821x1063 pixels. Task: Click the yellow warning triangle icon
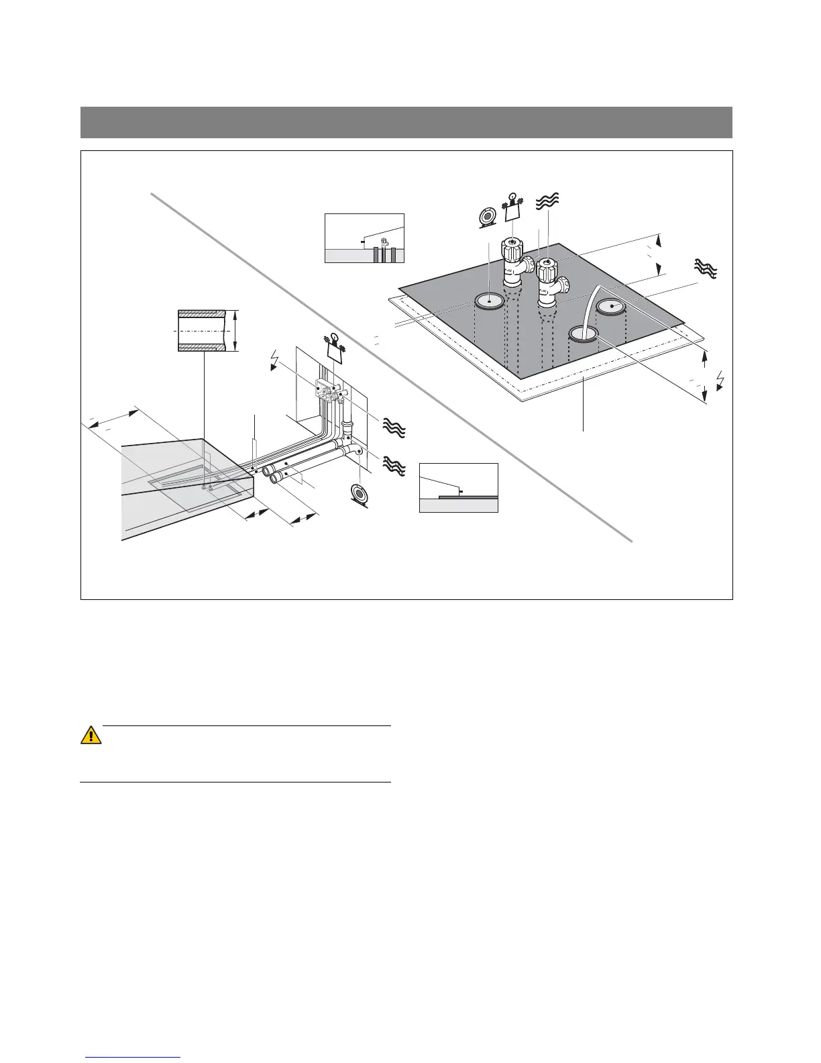[x=91, y=735]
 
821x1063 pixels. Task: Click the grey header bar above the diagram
[x=406, y=121]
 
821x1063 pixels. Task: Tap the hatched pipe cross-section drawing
[x=201, y=330]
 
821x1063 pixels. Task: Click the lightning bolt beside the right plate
[x=721, y=379]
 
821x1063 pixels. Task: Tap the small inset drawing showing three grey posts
[x=364, y=238]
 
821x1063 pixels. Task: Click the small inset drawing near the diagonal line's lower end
[x=459, y=488]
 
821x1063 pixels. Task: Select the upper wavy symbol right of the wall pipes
[x=394, y=427]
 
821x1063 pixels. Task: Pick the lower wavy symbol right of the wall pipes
[x=394, y=464]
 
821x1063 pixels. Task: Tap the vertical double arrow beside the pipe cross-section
[x=236, y=330]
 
